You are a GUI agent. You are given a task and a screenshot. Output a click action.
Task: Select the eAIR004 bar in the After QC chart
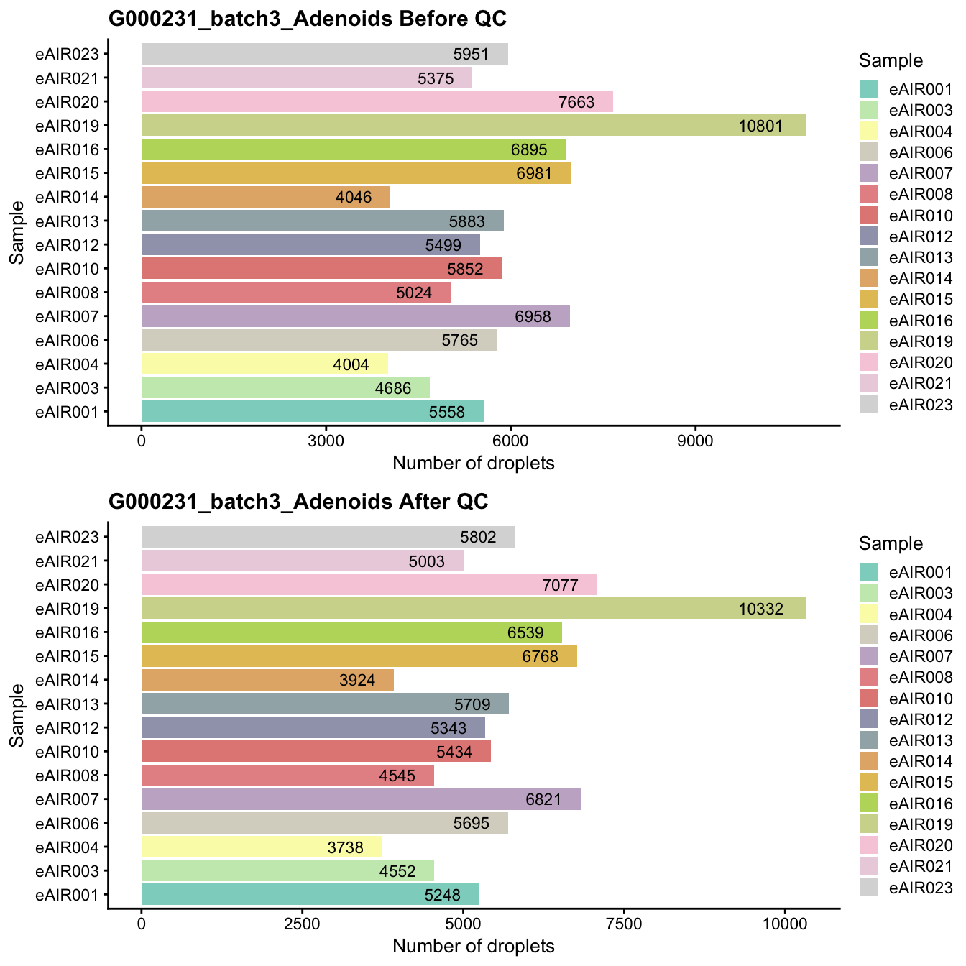[x=262, y=847]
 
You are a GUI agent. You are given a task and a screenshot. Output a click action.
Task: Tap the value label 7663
[x=576, y=102]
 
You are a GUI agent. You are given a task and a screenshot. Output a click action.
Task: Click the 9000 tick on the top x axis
[x=695, y=441]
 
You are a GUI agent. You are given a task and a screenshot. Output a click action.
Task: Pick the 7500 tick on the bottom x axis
[x=624, y=924]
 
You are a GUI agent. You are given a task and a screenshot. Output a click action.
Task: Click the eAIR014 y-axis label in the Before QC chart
[x=72, y=197]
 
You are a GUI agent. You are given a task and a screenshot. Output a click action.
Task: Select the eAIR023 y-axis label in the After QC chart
[x=72, y=537]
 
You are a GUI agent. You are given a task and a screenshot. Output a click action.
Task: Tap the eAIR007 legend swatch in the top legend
[x=870, y=173]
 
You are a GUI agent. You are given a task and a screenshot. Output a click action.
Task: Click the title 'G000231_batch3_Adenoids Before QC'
[x=308, y=19]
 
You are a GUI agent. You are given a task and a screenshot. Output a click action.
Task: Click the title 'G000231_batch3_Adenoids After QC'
[x=298, y=502]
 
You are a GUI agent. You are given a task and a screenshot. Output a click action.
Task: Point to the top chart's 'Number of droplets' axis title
[x=473, y=464]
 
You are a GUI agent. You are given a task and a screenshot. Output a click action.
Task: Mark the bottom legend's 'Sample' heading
[x=891, y=543]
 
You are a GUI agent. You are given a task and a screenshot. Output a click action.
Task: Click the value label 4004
[x=351, y=364]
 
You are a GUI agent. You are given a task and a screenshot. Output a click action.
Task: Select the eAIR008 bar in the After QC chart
[x=287, y=776]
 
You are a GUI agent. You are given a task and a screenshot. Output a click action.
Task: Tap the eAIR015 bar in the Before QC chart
[x=356, y=173]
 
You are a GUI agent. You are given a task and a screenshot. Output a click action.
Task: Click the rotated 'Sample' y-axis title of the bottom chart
[x=17, y=715]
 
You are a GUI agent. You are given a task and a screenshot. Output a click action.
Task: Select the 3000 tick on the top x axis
[x=326, y=441]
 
